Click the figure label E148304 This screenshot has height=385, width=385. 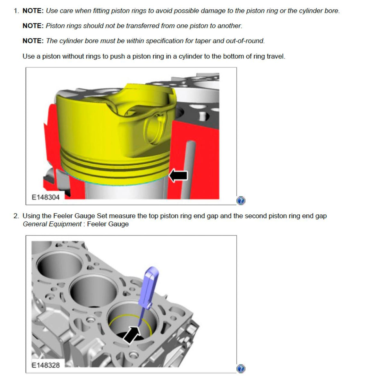click(x=46, y=197)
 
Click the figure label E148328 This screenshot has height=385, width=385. click(x=46, y=365)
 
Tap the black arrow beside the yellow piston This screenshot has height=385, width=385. click(x=178, y=175)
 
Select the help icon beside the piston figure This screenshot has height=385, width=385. click(x=241, y=201)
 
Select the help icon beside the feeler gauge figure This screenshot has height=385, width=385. click(x=241, y=369)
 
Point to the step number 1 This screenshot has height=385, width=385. click(x=16, y=11)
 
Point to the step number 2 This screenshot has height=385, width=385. click(x=16, y=216)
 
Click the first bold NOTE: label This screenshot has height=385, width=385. click(x=33, y=11)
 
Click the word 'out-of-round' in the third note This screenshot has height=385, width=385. click(x=245, y=41)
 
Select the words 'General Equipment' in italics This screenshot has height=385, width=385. click(x=52, y=224)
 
